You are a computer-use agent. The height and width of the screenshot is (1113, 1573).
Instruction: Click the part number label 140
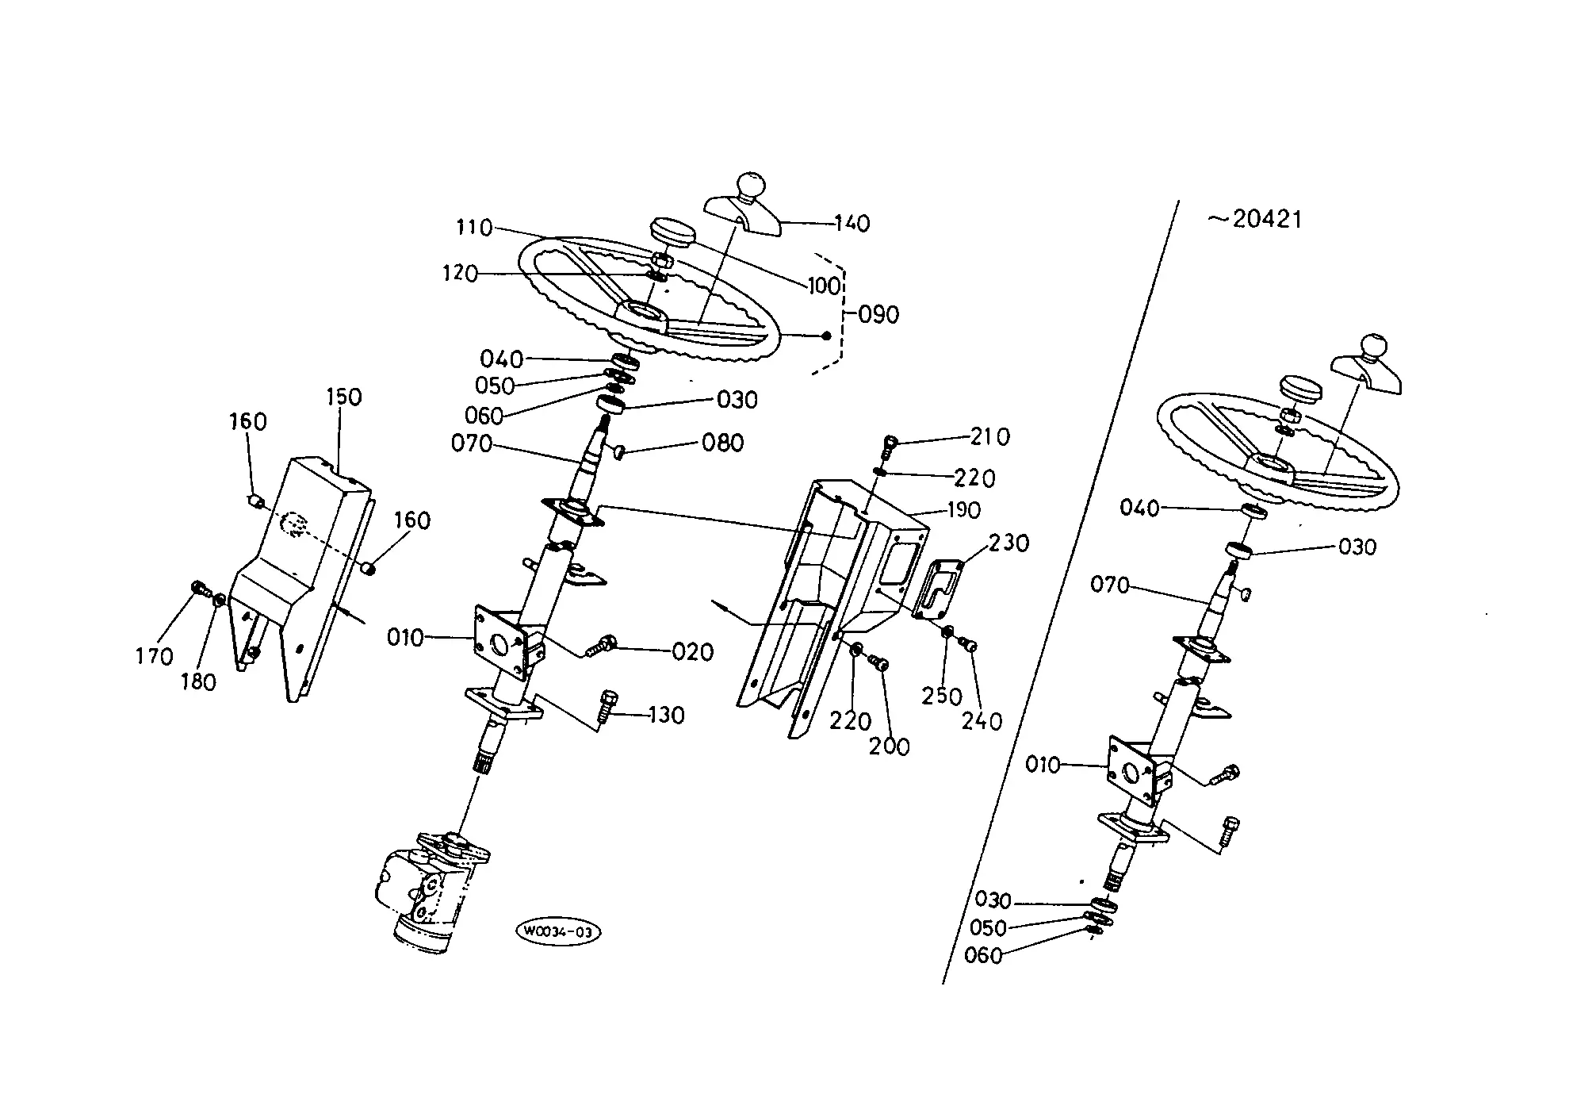(x=852, y=223)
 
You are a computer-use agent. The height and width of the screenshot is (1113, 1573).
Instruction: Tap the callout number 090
(x=879, y=315)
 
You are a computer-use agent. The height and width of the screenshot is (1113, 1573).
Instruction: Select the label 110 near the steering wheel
(x=474, y=228)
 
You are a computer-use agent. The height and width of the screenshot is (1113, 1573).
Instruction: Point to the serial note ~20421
(x=1255, y=219)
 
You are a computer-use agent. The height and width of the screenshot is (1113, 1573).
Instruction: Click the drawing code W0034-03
(x=557, y=931)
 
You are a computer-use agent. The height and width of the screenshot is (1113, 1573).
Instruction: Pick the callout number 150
(x=343, y=397)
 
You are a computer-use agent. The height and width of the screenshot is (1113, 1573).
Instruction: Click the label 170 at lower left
(x=154, y=656)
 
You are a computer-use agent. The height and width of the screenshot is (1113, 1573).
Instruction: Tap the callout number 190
(x=963, y=510)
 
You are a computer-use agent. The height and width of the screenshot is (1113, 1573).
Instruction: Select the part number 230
(x=1009, y=543)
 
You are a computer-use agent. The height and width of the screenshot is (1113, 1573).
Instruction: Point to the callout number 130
(x=666, y=716)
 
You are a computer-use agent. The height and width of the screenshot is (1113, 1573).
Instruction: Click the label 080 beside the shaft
(x=723, y=443)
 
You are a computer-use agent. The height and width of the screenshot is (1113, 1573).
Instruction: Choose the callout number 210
(x=990, y=437)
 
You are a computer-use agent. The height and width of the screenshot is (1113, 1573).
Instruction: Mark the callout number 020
(x=693, y=652)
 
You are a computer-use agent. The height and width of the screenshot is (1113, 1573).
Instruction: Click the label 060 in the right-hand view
(x=983, y=956)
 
